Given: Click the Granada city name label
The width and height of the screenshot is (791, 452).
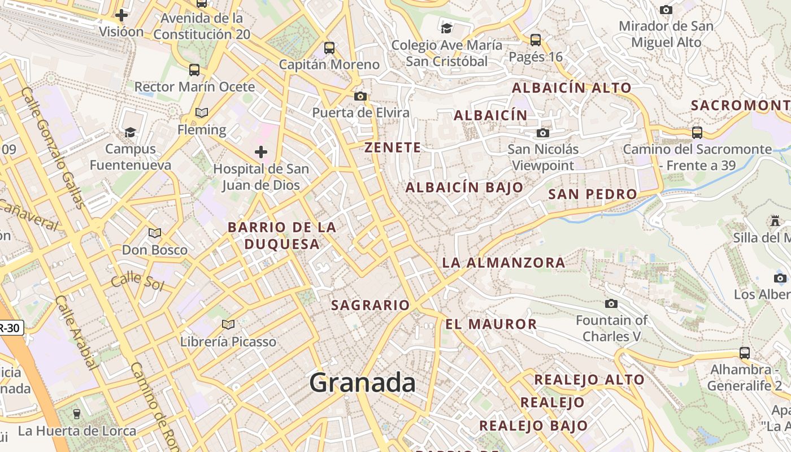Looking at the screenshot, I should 362,383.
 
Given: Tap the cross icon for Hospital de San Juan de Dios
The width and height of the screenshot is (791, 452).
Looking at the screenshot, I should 260,151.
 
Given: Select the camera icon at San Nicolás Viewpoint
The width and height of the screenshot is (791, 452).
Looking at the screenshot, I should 542,133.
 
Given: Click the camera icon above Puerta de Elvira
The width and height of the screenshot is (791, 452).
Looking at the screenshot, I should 360,96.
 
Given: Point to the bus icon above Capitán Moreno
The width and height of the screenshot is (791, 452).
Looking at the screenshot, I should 329,47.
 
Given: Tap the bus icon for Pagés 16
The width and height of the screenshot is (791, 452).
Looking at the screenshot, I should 535,40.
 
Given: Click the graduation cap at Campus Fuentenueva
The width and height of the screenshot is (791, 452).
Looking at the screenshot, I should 131,132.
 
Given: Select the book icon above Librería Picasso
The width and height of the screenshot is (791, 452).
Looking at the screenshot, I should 228,324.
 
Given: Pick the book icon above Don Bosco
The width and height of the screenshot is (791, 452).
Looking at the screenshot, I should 154,233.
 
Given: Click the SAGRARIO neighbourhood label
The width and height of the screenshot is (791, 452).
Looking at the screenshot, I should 370,305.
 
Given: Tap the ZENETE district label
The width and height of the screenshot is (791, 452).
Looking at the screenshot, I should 393,147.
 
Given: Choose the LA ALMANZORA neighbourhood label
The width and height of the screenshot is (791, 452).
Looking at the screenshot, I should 503,262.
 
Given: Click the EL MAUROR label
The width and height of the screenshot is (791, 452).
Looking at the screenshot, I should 491,324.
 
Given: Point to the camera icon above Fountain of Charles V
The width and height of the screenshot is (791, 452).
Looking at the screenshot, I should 611,303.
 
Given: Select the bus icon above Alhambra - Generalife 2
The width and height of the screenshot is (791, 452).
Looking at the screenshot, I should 745,353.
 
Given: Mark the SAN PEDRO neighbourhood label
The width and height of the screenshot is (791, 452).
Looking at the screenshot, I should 593,194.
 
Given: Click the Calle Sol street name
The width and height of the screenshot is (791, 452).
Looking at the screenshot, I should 137,281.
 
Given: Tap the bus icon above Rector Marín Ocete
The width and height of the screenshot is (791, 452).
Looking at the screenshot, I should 194,70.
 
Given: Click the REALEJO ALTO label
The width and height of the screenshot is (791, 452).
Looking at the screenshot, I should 589,380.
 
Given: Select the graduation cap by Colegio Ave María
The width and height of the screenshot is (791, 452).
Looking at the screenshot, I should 446,28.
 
